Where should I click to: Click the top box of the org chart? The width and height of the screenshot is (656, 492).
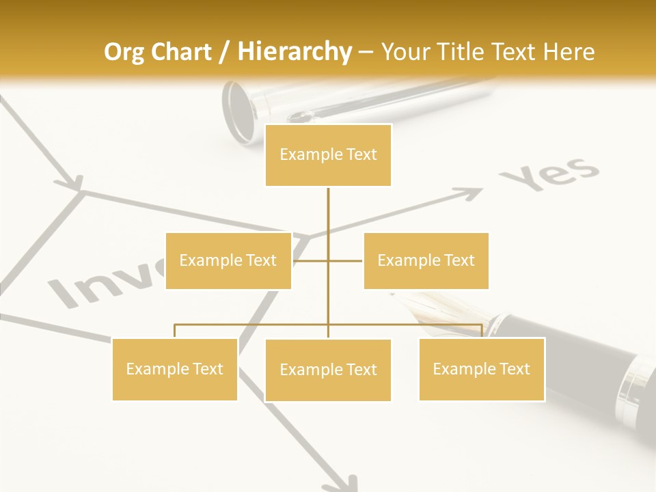click(328, 155)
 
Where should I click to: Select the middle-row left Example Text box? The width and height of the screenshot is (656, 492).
click(228, 260)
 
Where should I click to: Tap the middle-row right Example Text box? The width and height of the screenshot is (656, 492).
click(426, 260)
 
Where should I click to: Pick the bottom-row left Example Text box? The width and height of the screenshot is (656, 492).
click(175, 369)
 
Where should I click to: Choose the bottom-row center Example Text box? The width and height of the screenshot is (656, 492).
click(328, 370)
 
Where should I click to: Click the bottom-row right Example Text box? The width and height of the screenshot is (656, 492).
click(482, 369)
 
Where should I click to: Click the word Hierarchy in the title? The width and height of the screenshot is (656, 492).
click(295, 52)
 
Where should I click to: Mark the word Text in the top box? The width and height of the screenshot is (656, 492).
click(362, 155)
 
